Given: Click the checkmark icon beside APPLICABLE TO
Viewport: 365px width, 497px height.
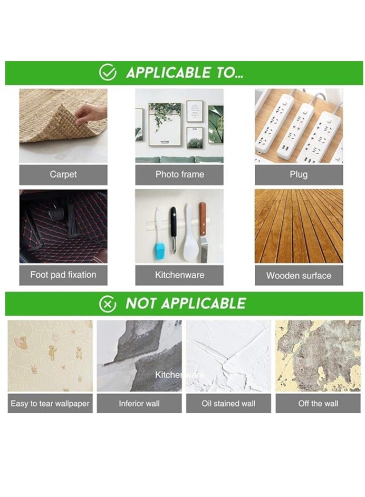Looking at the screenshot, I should pyautogui.click(x=108, y=73).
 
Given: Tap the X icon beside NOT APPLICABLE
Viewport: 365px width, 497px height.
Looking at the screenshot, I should pyautogui.click(x=108, y=304).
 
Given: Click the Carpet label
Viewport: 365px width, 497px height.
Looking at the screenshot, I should pyautogui.click(x=63, y=174).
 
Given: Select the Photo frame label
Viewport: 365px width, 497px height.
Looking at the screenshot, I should pyautogui.click(x=179, y=174).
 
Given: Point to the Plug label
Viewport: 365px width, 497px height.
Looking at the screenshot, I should pyautogui.click(x=299, y=174).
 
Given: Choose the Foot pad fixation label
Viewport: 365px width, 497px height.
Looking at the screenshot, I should pyautogui.click(x=63, y=275).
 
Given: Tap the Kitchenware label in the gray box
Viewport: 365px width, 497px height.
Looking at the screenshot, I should pyautogui.click(x=179, y=275).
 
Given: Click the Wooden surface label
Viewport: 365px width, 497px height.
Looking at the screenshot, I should pyautogui.click(x=299, y=275).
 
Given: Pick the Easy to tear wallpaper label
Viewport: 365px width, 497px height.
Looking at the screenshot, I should pyautogui.click(x=50, y=404).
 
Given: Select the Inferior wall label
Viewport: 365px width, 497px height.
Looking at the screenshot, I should pyautogui.click(x=139, y=404).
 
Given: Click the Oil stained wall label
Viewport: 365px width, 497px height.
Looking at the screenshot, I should pyautogui.click(x=228, y=404).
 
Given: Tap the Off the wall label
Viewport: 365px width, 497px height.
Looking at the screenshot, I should pyautogui.click(x=318, y=404).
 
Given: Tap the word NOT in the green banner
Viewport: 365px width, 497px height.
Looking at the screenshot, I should pyautogui.click(x=141, y=304).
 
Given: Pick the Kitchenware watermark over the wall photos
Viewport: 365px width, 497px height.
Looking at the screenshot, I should pyautogui.click(x=179, y=375).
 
